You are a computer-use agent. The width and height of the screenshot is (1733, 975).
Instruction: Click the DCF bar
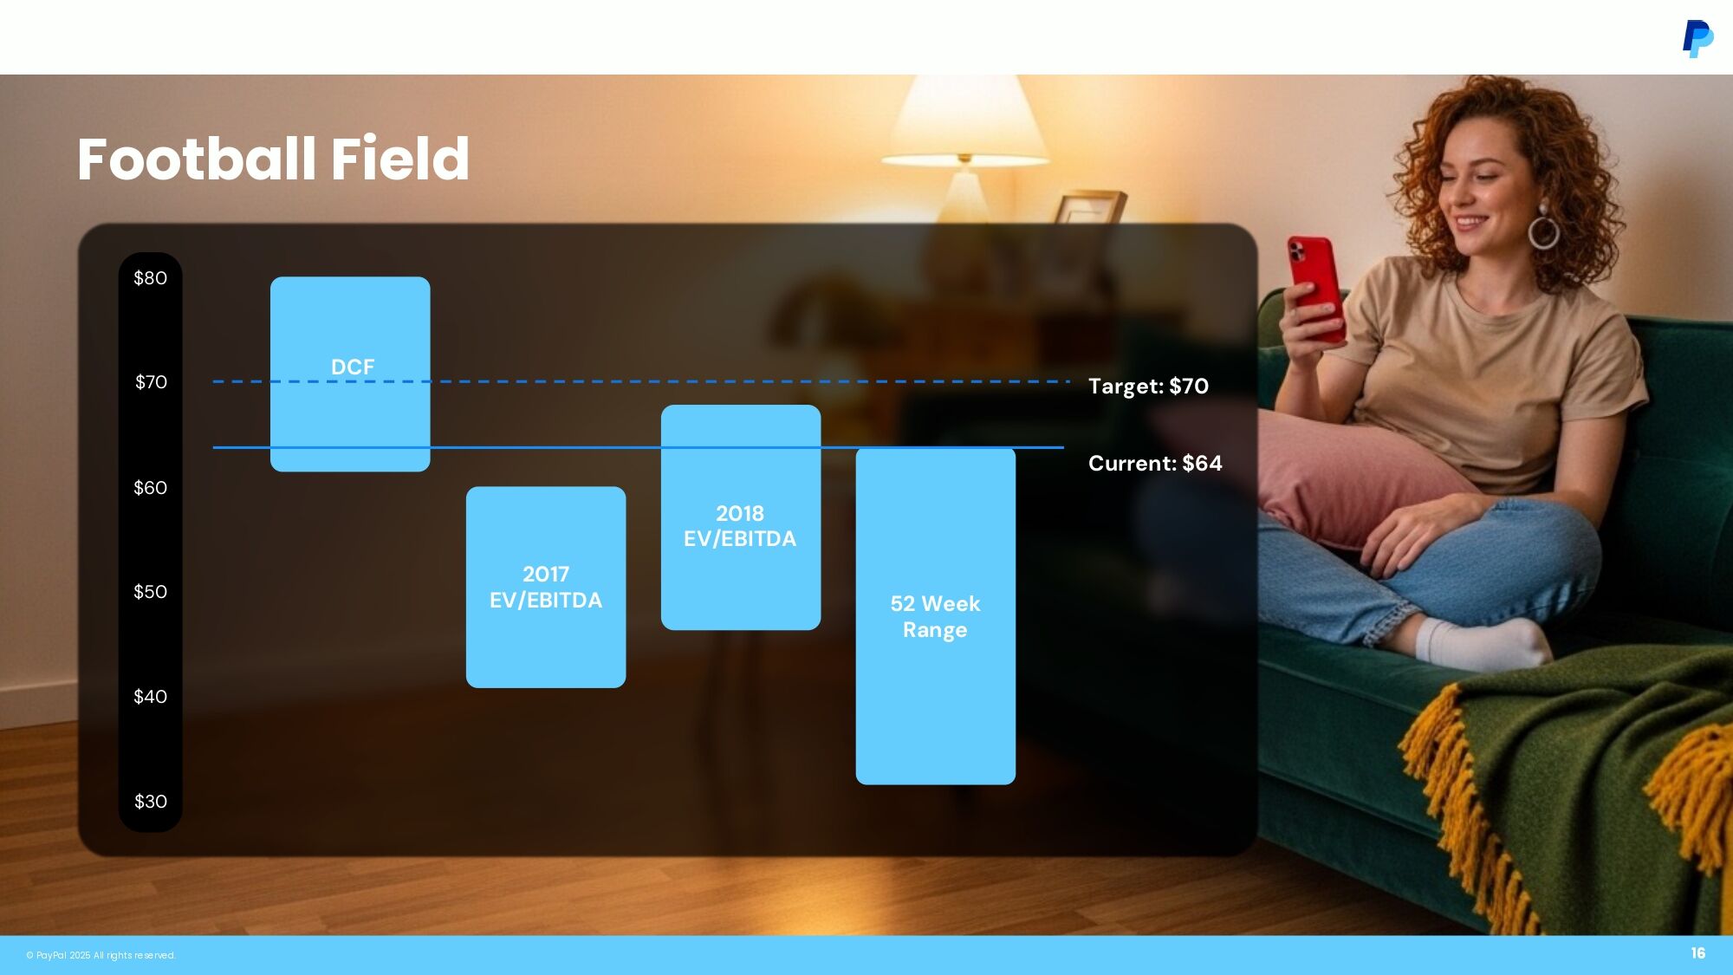pos(350,374)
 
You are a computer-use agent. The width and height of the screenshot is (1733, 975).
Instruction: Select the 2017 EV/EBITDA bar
pos(546,587)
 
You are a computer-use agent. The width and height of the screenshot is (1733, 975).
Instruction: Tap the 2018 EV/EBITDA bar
pos(741,517)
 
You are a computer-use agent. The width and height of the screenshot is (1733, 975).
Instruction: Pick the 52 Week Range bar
pos(936,616)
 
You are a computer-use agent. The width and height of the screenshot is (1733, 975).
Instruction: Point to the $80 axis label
pos(150,278)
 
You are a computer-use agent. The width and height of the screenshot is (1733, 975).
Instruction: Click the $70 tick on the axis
pos(151,382)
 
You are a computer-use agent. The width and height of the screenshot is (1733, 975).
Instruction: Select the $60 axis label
pos(150,488)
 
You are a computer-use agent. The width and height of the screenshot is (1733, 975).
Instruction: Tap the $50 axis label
pos(150,592)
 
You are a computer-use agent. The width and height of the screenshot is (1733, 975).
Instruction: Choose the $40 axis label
pos(150,697)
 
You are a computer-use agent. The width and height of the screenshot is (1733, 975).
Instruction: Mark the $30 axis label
pos(150,802)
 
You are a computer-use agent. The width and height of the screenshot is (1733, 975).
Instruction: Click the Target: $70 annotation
pos(1148,386)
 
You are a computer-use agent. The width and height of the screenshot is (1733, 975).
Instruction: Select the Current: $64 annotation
pos(1155,463)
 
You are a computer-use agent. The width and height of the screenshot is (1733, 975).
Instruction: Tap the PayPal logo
pos(1697,39)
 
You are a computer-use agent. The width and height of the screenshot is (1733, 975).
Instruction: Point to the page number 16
pos(1698,953)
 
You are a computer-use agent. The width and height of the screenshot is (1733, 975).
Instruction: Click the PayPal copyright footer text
pos(101,955)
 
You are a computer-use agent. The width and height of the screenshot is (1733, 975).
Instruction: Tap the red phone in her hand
pos(1315,287)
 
